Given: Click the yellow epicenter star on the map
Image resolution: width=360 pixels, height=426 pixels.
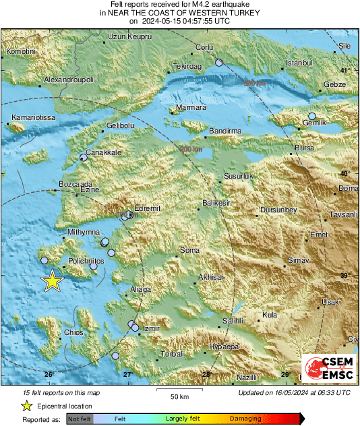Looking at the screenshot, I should (53, 281).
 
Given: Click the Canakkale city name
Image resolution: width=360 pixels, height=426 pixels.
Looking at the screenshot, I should (104, 153).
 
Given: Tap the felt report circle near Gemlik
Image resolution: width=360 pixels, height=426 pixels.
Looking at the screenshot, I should (312, 117).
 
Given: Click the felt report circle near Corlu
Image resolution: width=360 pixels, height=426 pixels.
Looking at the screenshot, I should (218, 63).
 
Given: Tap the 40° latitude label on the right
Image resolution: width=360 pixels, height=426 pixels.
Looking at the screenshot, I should (345, 173).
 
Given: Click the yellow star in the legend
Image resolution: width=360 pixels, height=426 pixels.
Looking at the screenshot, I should (26, 406).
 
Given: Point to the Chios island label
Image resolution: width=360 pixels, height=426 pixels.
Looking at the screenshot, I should (73, 332).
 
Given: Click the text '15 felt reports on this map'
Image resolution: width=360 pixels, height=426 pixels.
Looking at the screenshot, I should (61, 392).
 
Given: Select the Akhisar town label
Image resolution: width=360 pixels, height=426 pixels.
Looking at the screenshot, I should (211, 277).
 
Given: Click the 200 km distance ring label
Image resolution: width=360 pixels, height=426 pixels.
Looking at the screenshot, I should (191, 149).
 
